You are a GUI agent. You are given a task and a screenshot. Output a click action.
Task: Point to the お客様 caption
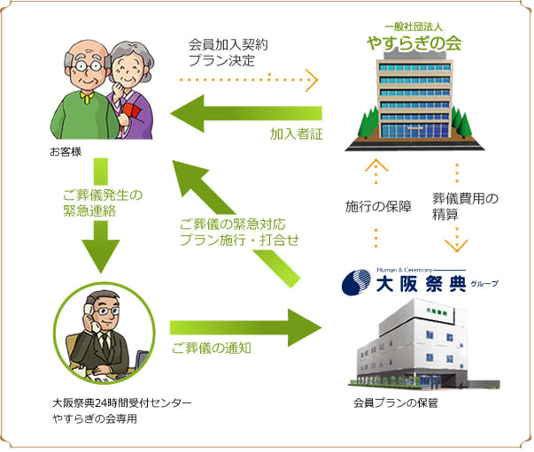[66, 151]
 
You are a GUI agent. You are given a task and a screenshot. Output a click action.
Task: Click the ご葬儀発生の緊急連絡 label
[102, 204]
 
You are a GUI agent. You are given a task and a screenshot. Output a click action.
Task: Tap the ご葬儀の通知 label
[211, 349]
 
